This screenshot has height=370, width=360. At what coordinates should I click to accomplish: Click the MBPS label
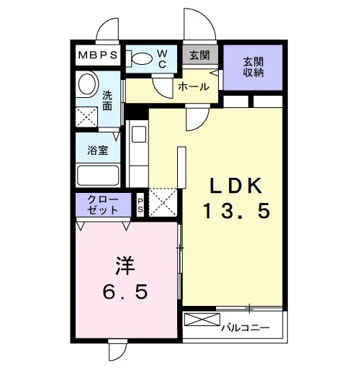(98, 55)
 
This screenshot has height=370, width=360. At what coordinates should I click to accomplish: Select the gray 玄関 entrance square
(200, 55)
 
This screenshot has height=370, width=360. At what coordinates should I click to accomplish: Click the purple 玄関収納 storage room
(253, 68)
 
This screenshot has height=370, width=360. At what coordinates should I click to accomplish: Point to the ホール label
(194, 86)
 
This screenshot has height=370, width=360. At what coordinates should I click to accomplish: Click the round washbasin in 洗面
(87, 84)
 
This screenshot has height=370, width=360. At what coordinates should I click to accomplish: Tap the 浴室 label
(98, 150)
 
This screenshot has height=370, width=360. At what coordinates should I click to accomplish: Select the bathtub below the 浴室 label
(98, 175)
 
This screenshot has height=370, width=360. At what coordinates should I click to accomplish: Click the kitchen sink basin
(139, 134)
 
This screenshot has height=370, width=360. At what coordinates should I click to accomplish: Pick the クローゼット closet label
(103, 204)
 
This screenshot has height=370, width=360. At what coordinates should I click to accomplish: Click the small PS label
(140, 205)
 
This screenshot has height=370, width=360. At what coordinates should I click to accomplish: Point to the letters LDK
(235, 186)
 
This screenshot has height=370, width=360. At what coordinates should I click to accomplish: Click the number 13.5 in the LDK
(237, 210)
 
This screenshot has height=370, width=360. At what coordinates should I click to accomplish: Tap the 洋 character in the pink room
(125, 266)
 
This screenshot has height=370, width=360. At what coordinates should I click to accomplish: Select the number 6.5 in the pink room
(125, 292)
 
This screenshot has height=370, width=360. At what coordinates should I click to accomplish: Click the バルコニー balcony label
(246, 328)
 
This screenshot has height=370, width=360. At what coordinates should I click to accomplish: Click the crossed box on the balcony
(202, 320)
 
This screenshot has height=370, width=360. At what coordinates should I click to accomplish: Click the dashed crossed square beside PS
(163, 202)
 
